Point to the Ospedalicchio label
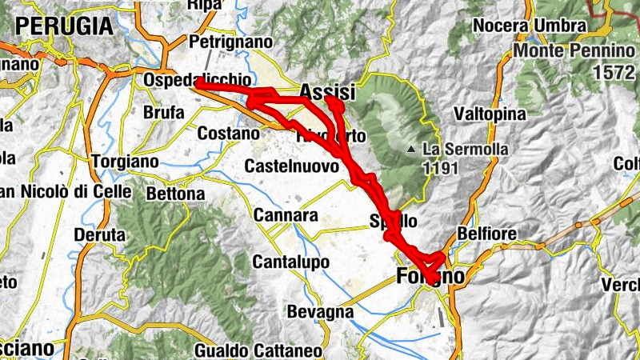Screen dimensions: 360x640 point(197,81)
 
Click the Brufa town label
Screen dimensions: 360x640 point(163,113)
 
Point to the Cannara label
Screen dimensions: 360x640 point(285,215)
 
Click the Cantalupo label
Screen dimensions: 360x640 point(291,262)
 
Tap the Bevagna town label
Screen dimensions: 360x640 point(319,311)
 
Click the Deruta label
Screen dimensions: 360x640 point(100,235)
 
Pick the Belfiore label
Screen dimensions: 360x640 point(482,234)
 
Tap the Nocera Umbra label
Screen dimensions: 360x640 point(530,26)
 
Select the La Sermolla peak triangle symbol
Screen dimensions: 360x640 point(410,149)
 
